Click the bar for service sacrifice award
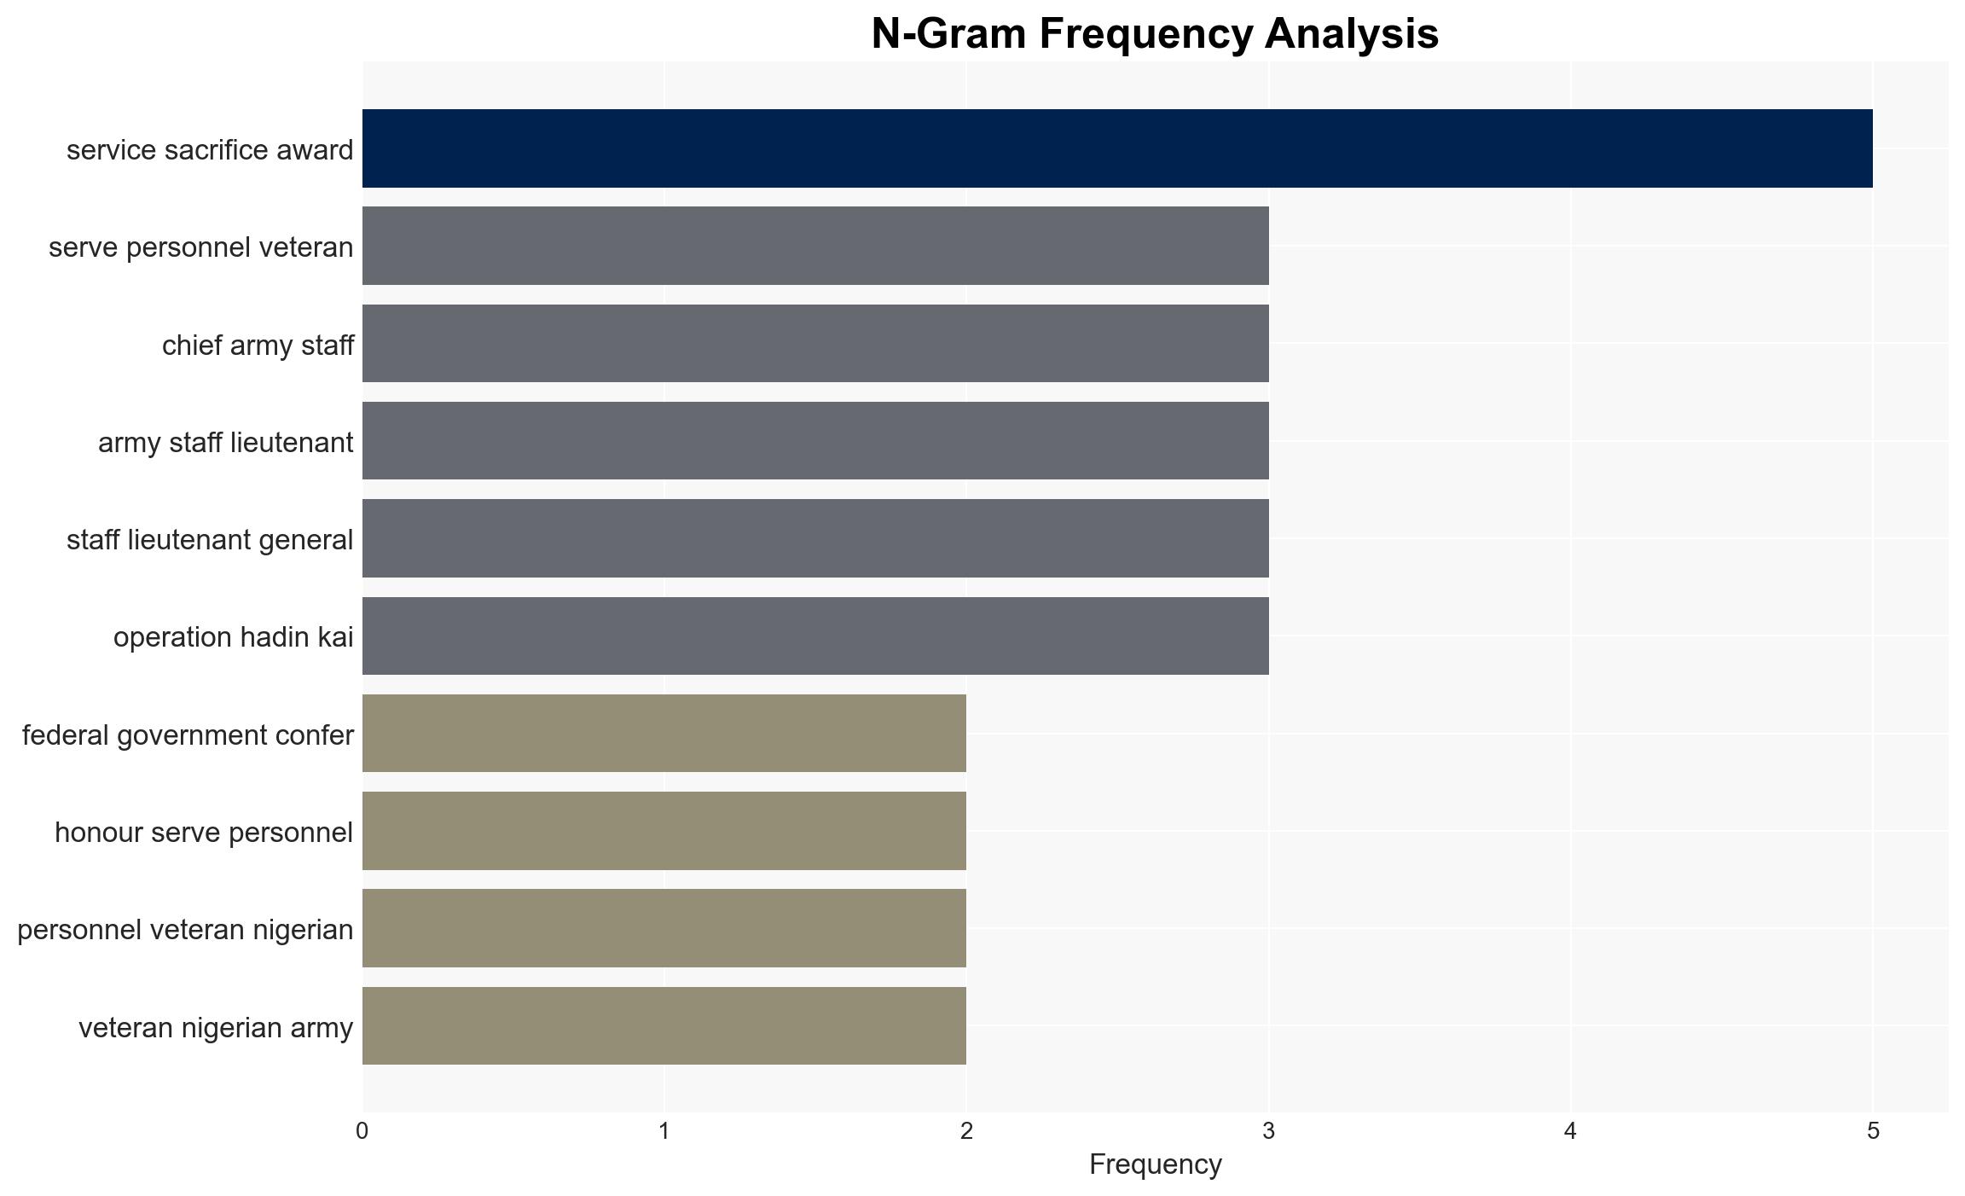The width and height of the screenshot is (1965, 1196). (1117, 148)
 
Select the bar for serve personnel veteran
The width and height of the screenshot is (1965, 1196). (815, 246)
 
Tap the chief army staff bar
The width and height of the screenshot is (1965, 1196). (815, 343)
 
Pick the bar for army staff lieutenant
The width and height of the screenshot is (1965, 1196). (815, 441)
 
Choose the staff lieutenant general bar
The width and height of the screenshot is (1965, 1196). (815, 538)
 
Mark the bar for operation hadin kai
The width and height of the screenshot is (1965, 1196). (815, 636)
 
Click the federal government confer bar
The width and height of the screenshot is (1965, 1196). (664, 734)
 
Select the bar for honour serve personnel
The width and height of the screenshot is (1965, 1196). (664, 831)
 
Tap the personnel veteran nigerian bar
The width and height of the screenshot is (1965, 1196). (664, 928)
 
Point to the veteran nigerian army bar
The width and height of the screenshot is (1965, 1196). (664, 1026)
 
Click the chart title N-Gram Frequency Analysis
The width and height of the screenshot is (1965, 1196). (1155, 34)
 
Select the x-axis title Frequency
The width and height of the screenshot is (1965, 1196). (1156, 1164)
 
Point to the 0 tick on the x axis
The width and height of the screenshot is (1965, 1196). (362, 1131)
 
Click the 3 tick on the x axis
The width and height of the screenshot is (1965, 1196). (1269, 1131)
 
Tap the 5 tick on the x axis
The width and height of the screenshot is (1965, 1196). (1873, 1131)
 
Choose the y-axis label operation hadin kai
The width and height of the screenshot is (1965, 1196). (233, 637)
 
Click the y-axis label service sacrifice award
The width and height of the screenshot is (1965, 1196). (210, 150)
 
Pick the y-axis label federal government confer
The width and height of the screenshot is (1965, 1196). (188, 735)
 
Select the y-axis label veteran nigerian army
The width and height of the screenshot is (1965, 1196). (216, 1028)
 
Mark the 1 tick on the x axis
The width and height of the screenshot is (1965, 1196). (664, 1131)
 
